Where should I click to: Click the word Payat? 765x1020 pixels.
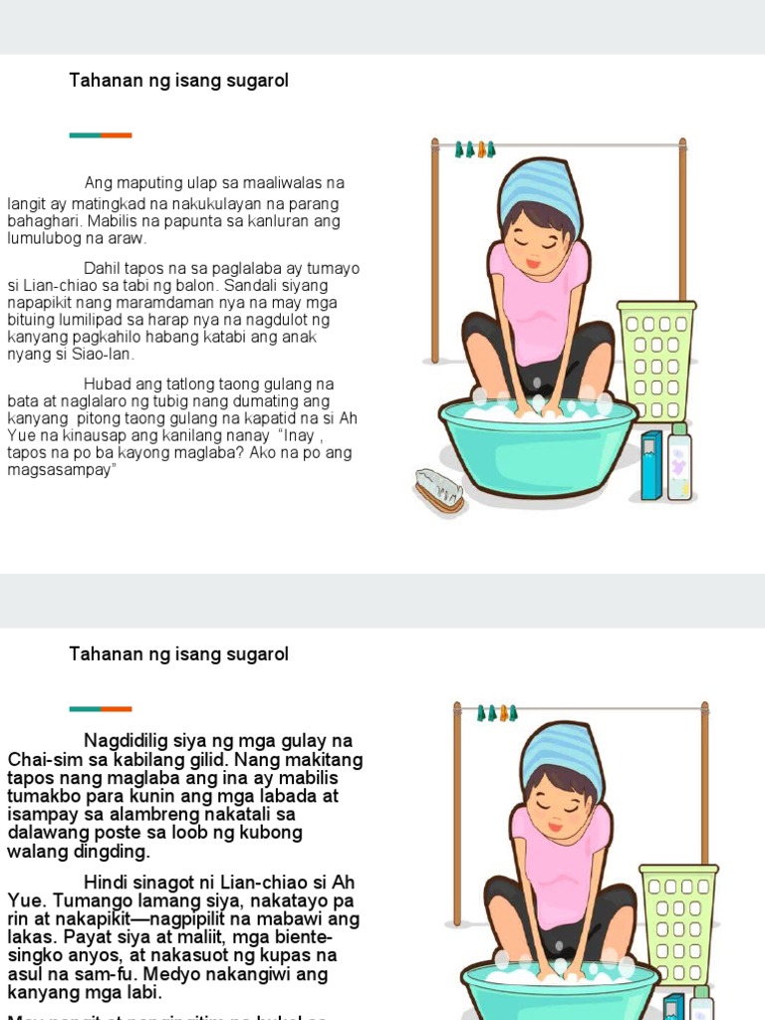click(31, 937)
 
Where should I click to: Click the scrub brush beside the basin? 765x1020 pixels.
click(439, 489)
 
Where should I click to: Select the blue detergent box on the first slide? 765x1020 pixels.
click(650, 464)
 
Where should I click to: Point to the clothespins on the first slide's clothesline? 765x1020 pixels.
click(475, 149)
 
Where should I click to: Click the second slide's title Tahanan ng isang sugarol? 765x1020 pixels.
click(178, 654)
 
